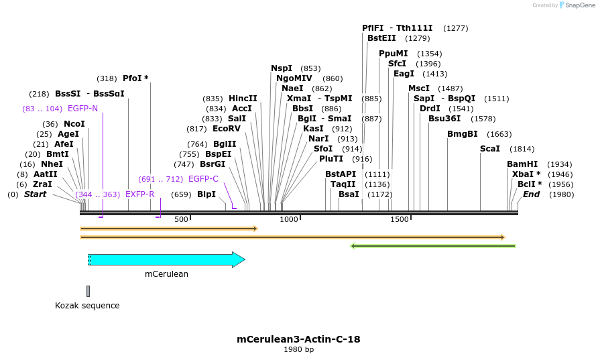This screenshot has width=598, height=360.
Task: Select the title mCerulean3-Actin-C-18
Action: coord(298,339)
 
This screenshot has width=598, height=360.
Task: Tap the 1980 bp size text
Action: coord(298,349)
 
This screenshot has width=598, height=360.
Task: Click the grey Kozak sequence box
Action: coord(88,291)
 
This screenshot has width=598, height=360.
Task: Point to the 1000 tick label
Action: coord(289,219)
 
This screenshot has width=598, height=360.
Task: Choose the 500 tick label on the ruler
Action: coord(181,219)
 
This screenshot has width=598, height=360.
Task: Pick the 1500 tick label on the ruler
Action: coord(400,219)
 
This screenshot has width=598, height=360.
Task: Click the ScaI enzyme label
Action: coord(490,149)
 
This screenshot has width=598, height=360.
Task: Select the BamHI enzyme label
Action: coord(522,164)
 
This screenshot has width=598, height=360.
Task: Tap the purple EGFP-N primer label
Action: coord(83,108)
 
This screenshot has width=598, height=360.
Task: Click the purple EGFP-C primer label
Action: coord(203,179)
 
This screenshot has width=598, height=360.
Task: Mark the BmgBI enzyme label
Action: coord(463,134)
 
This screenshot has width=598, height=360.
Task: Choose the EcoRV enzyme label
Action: coord(226,129)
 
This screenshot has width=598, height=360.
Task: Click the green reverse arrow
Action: coord(433,246)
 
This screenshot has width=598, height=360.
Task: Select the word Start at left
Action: coord(36,194)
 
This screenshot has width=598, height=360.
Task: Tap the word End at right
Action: coord(531,194)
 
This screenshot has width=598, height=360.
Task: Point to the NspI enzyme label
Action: coord(282,68)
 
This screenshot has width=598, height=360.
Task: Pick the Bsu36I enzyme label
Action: coord(443,119)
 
